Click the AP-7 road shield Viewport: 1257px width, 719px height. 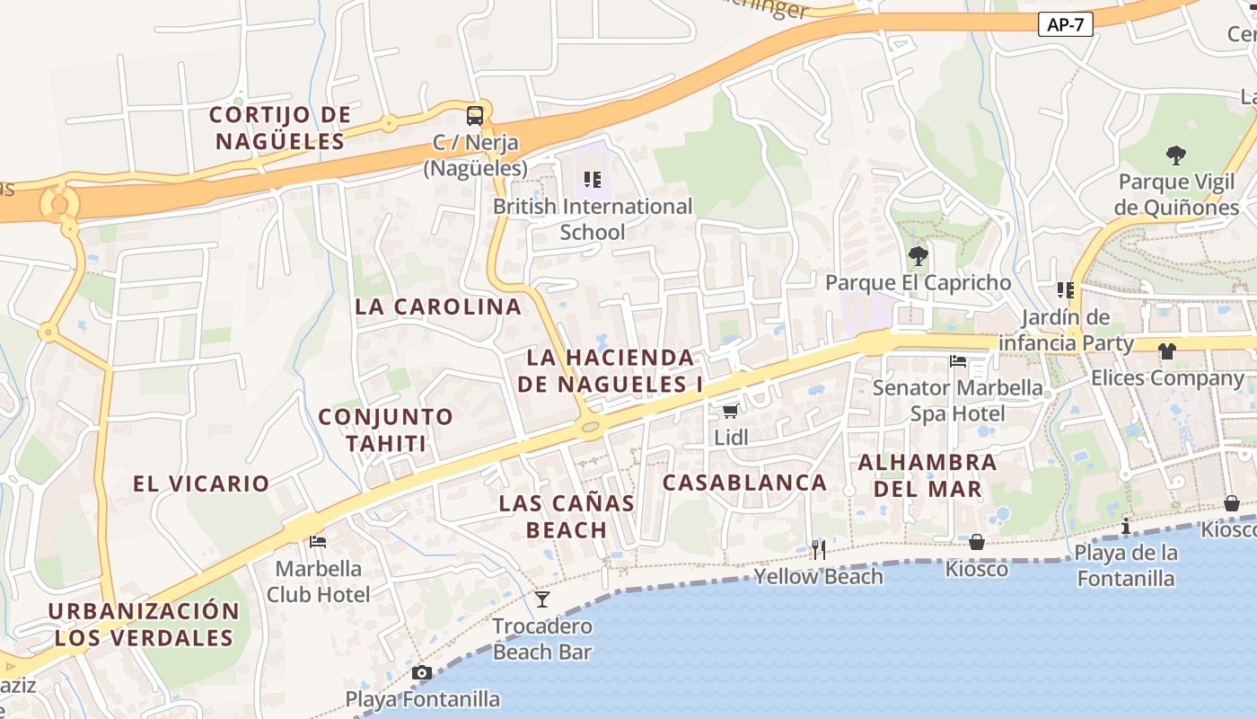pyautogui.click(x=1066, y=24)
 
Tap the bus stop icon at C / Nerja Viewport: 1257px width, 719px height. pyautogui.click(x=474, y=115)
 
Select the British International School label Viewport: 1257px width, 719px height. pyautogui.click(x=593, y=219)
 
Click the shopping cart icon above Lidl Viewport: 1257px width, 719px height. pyautogui.click(x=730, y=411)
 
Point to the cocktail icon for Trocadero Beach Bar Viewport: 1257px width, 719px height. pyautogui.click(x=541, y=599)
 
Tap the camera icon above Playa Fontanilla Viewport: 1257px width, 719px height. pyautogui.click(x=421, y=672)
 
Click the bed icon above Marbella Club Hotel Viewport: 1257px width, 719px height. pyautogui.click(x=318, y=541)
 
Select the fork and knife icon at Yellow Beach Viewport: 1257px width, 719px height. pyautogui.click(x=818, y=549)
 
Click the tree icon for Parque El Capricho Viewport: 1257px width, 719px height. pyautogui.click(x=918, y=256)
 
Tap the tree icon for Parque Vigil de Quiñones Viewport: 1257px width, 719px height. pyautogui.click(x=1175, y=155)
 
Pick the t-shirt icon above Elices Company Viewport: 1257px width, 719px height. pyautogui.click(x=1166, y=351)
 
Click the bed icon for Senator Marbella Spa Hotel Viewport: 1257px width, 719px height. pyautogui.click(x=958, y=361)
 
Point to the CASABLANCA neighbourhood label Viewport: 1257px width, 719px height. pyautogui.click(x=744, y=483)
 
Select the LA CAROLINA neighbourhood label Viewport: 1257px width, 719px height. pyautogui.click(x=438, y=306)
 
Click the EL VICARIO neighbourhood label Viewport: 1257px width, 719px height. pyautogui.click(x=201, y=484)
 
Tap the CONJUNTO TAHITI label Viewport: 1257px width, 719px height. pyautogui.click(x=385, y=430)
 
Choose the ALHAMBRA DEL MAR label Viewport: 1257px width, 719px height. pyautogui.click(x=927, y=476)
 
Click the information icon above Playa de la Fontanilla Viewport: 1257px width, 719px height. pyautogui.click(x=1126, y=526)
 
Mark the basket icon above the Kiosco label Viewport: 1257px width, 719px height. pyautogui.click(x=976, y=542)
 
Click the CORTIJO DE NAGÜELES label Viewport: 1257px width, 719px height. pyautogui.click(x=280, y=128)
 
